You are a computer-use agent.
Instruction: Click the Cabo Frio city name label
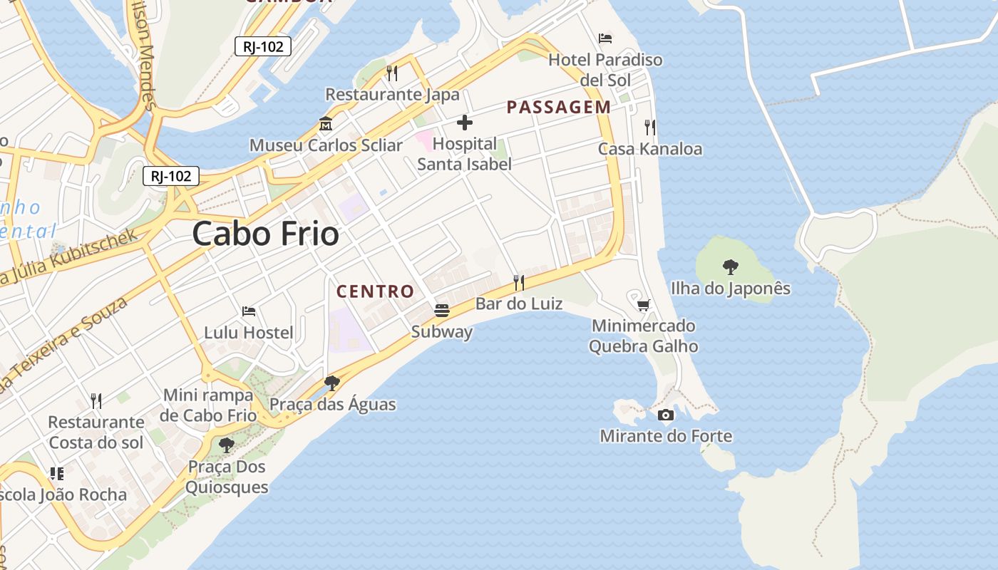coord(265,234)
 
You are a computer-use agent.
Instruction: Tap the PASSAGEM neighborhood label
coord(558,108)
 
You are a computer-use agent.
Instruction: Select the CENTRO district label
coord(375,291)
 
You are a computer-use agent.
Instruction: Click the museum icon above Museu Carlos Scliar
coord(326,123)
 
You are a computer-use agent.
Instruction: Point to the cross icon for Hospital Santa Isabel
coord(465,123)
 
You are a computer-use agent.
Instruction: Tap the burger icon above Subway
coord(442,311)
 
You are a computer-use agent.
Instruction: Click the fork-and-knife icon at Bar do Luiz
coord(519,283)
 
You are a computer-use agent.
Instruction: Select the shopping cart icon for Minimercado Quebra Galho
coord(643,305)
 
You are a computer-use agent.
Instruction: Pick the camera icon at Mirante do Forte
coord(666,415)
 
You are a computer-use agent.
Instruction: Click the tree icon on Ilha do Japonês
coord(730,267)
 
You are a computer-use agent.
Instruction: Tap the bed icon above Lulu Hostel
coord(249,311)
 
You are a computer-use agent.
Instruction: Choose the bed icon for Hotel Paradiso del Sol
coord(605,38)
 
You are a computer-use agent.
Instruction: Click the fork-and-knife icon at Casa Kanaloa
coord(649,128)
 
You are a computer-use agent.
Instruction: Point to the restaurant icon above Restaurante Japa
coord(391,73)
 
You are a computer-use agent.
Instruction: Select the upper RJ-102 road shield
coord(263,47)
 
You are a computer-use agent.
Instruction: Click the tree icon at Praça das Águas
coord(331,383)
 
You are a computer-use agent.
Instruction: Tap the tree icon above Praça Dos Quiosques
coord(227,446)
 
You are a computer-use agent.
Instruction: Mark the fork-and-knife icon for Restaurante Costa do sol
coord(96,400)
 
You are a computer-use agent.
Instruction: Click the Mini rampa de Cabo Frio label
coord(208,405)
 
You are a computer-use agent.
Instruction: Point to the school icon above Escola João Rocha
coord(57,474)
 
